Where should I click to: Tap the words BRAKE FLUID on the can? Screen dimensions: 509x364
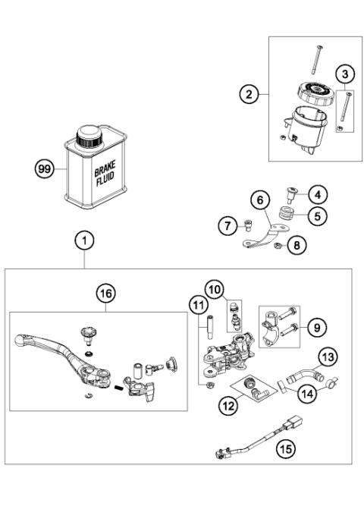[105, 180]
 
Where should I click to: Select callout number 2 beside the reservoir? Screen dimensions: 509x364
[246, 95]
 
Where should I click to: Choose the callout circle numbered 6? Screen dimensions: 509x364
[259, 200]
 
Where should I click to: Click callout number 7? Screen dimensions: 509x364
[225, 225]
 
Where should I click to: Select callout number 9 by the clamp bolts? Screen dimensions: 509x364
[317, 328]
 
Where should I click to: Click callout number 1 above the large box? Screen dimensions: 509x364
[85, 241]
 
